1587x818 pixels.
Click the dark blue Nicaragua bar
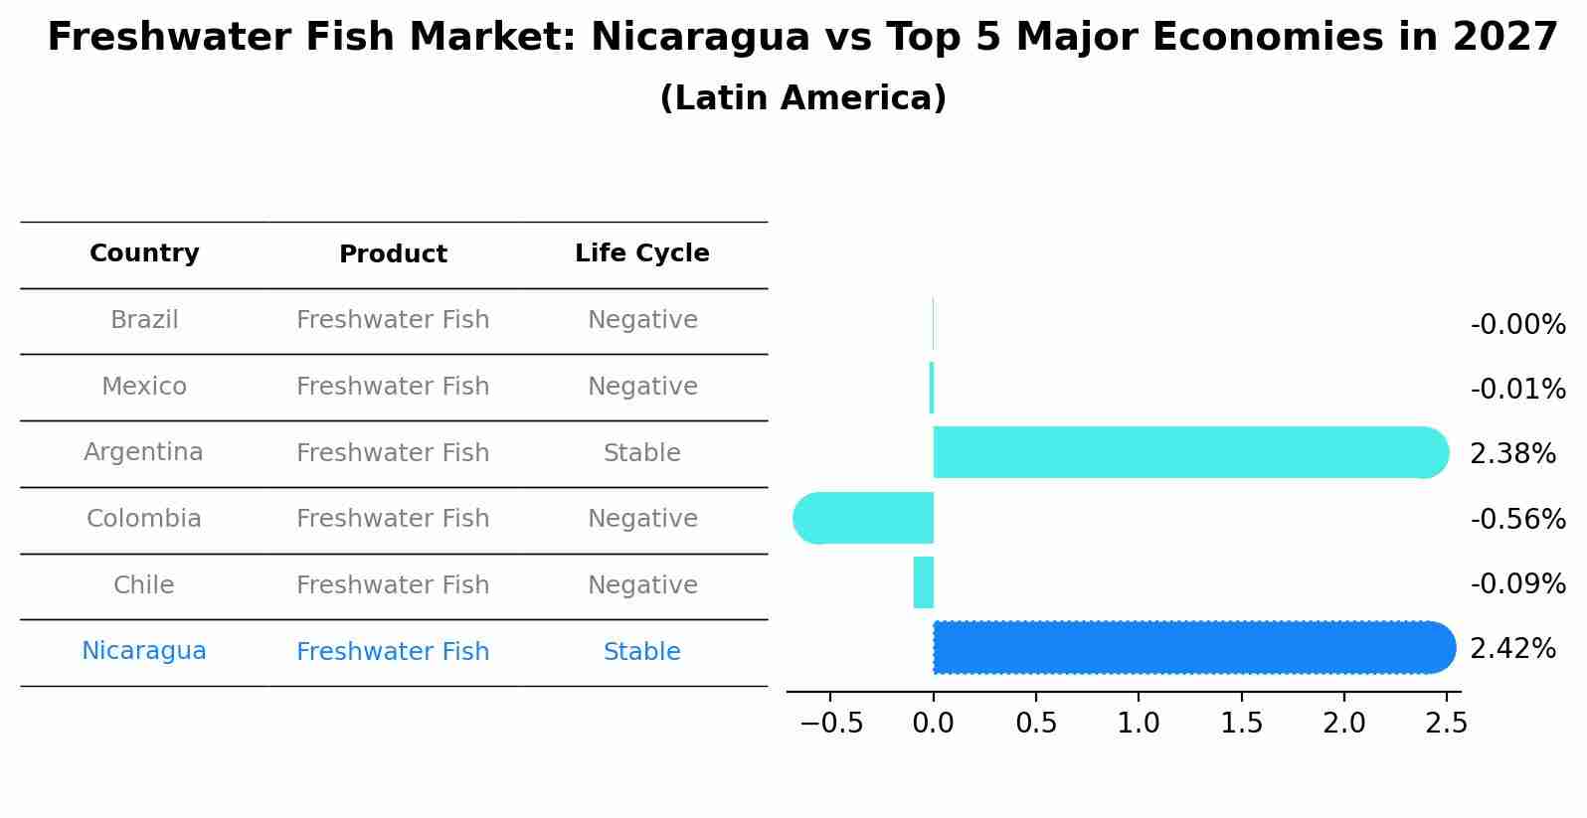click(x=1193, y=647)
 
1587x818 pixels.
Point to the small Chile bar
click(x=924, y=582)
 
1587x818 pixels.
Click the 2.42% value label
click(x=1511, y=649)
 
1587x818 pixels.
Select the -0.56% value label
click(x=1517, y=519)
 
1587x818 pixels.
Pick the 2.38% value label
click(x=1511, y=454)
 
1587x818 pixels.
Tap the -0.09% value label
click(x=1517, y=584)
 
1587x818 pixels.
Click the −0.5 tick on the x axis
click(x=831, y=724)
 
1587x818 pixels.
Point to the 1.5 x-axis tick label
click(x=1242, y=724)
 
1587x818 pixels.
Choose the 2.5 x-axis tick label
click(x=1446, y=724)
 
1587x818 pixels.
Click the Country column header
click(x=144, y=253)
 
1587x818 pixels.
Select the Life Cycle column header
click(x=641, y=253)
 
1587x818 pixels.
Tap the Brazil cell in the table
click(x=144, y=320)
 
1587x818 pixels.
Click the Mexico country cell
click(x=144, y=386)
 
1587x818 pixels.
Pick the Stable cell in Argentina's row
click(x=641, y=453)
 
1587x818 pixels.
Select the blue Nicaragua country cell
click(x=144, y=651)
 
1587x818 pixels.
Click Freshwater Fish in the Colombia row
click(x=393, y=519)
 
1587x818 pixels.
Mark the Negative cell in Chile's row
click(x=641, y=585)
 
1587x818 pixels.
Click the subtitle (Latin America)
click(x=802, y=98)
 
